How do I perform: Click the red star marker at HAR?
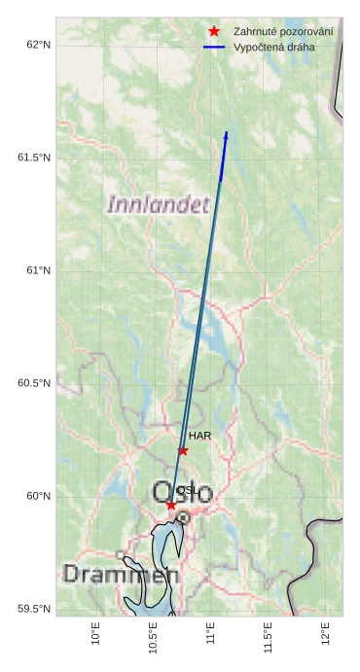tap(183, 450)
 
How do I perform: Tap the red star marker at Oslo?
tap(171, 505)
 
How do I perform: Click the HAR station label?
tap(199, 436)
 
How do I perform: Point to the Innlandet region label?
tap(158, 204)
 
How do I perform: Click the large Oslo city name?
tap(182, 492)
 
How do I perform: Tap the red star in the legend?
tap(214, 31)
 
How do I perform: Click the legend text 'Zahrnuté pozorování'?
tap(283, 32)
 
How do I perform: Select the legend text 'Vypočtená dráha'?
tap(274, 47)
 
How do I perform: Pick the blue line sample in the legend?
tap(214, 47)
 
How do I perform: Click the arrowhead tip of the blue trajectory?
tap(227, 132)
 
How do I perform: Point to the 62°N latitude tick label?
tap(38, 45)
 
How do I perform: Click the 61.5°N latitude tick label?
tap(34, 158)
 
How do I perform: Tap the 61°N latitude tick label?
tap(38, 270)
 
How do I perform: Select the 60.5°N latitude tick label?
tap(34, 383)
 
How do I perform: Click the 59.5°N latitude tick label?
tap(34, 609)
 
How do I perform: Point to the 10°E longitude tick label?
tap(95, 633)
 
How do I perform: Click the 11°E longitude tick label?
tap(210, 633)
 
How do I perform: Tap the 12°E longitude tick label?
tap(325, 633)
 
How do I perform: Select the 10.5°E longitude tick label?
tap(153, 637)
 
